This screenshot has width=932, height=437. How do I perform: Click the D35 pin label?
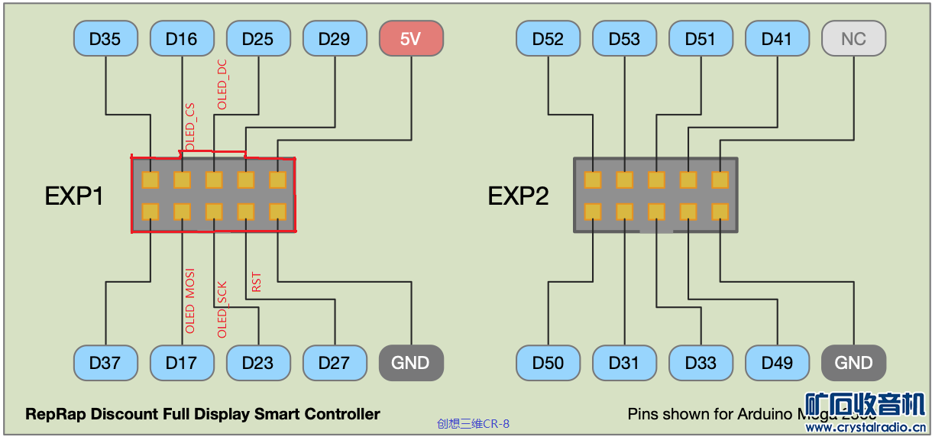pyautogui.click(x=105, y=39)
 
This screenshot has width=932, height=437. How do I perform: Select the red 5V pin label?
pyautogui.click(x=411, y=39)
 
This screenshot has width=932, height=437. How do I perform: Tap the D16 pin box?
pyautogui.click(x=182, y=39)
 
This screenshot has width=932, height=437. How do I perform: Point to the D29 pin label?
pyautogui.click(x=335, y=39)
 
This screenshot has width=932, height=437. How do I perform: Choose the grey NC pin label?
pyautogui.click(x=853, y=39)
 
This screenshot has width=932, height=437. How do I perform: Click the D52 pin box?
pyautogui.click(x=548, y=39)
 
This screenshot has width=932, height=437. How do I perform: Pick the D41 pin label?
pyautogui.click(x=777, y=39)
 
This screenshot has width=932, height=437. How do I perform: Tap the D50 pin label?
pyautogui.click(x=548, y=363)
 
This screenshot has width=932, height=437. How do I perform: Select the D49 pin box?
pyautogui.click(x=777, y=363)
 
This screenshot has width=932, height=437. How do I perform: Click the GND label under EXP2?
pyautogui.click(x=853, y=363)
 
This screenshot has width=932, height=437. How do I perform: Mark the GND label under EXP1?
pyautogui.click(x=411, y=363)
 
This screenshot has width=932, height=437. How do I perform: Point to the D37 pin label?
pyautogui.click(x=105, y=363)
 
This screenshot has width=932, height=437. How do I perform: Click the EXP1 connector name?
pyautogui.click(x=74, y=196)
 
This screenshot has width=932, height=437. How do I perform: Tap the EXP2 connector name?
pyautogui.click(x=518, y=196)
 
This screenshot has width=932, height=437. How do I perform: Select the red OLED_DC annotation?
pyautogui.click(x=222, y=84)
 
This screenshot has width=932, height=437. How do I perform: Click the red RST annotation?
pyautogui.click(x=257, y=282)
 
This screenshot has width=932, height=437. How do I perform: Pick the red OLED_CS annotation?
pyautogui.click(x=189, y=126)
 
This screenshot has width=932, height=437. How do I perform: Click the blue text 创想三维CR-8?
pyautogui.click(x=473, y=423)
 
